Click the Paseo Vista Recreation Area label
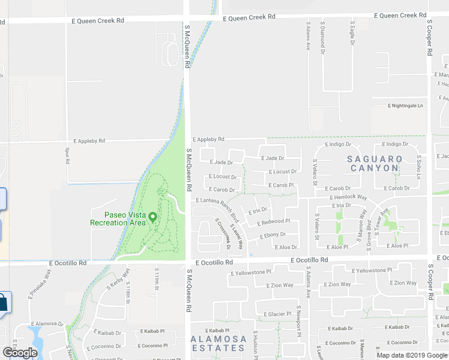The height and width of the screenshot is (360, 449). pyautogui.click(x=118, y=218)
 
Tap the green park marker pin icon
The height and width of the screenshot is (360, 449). pyautogui.click(x=153, y=217)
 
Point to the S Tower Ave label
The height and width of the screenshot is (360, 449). pyautogui.click(x=378, y=220)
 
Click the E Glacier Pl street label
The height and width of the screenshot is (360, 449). pyautogui.click(x=277, y=314)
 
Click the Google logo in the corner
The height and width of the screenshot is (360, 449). pyautogui.click(x=20, y=353)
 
